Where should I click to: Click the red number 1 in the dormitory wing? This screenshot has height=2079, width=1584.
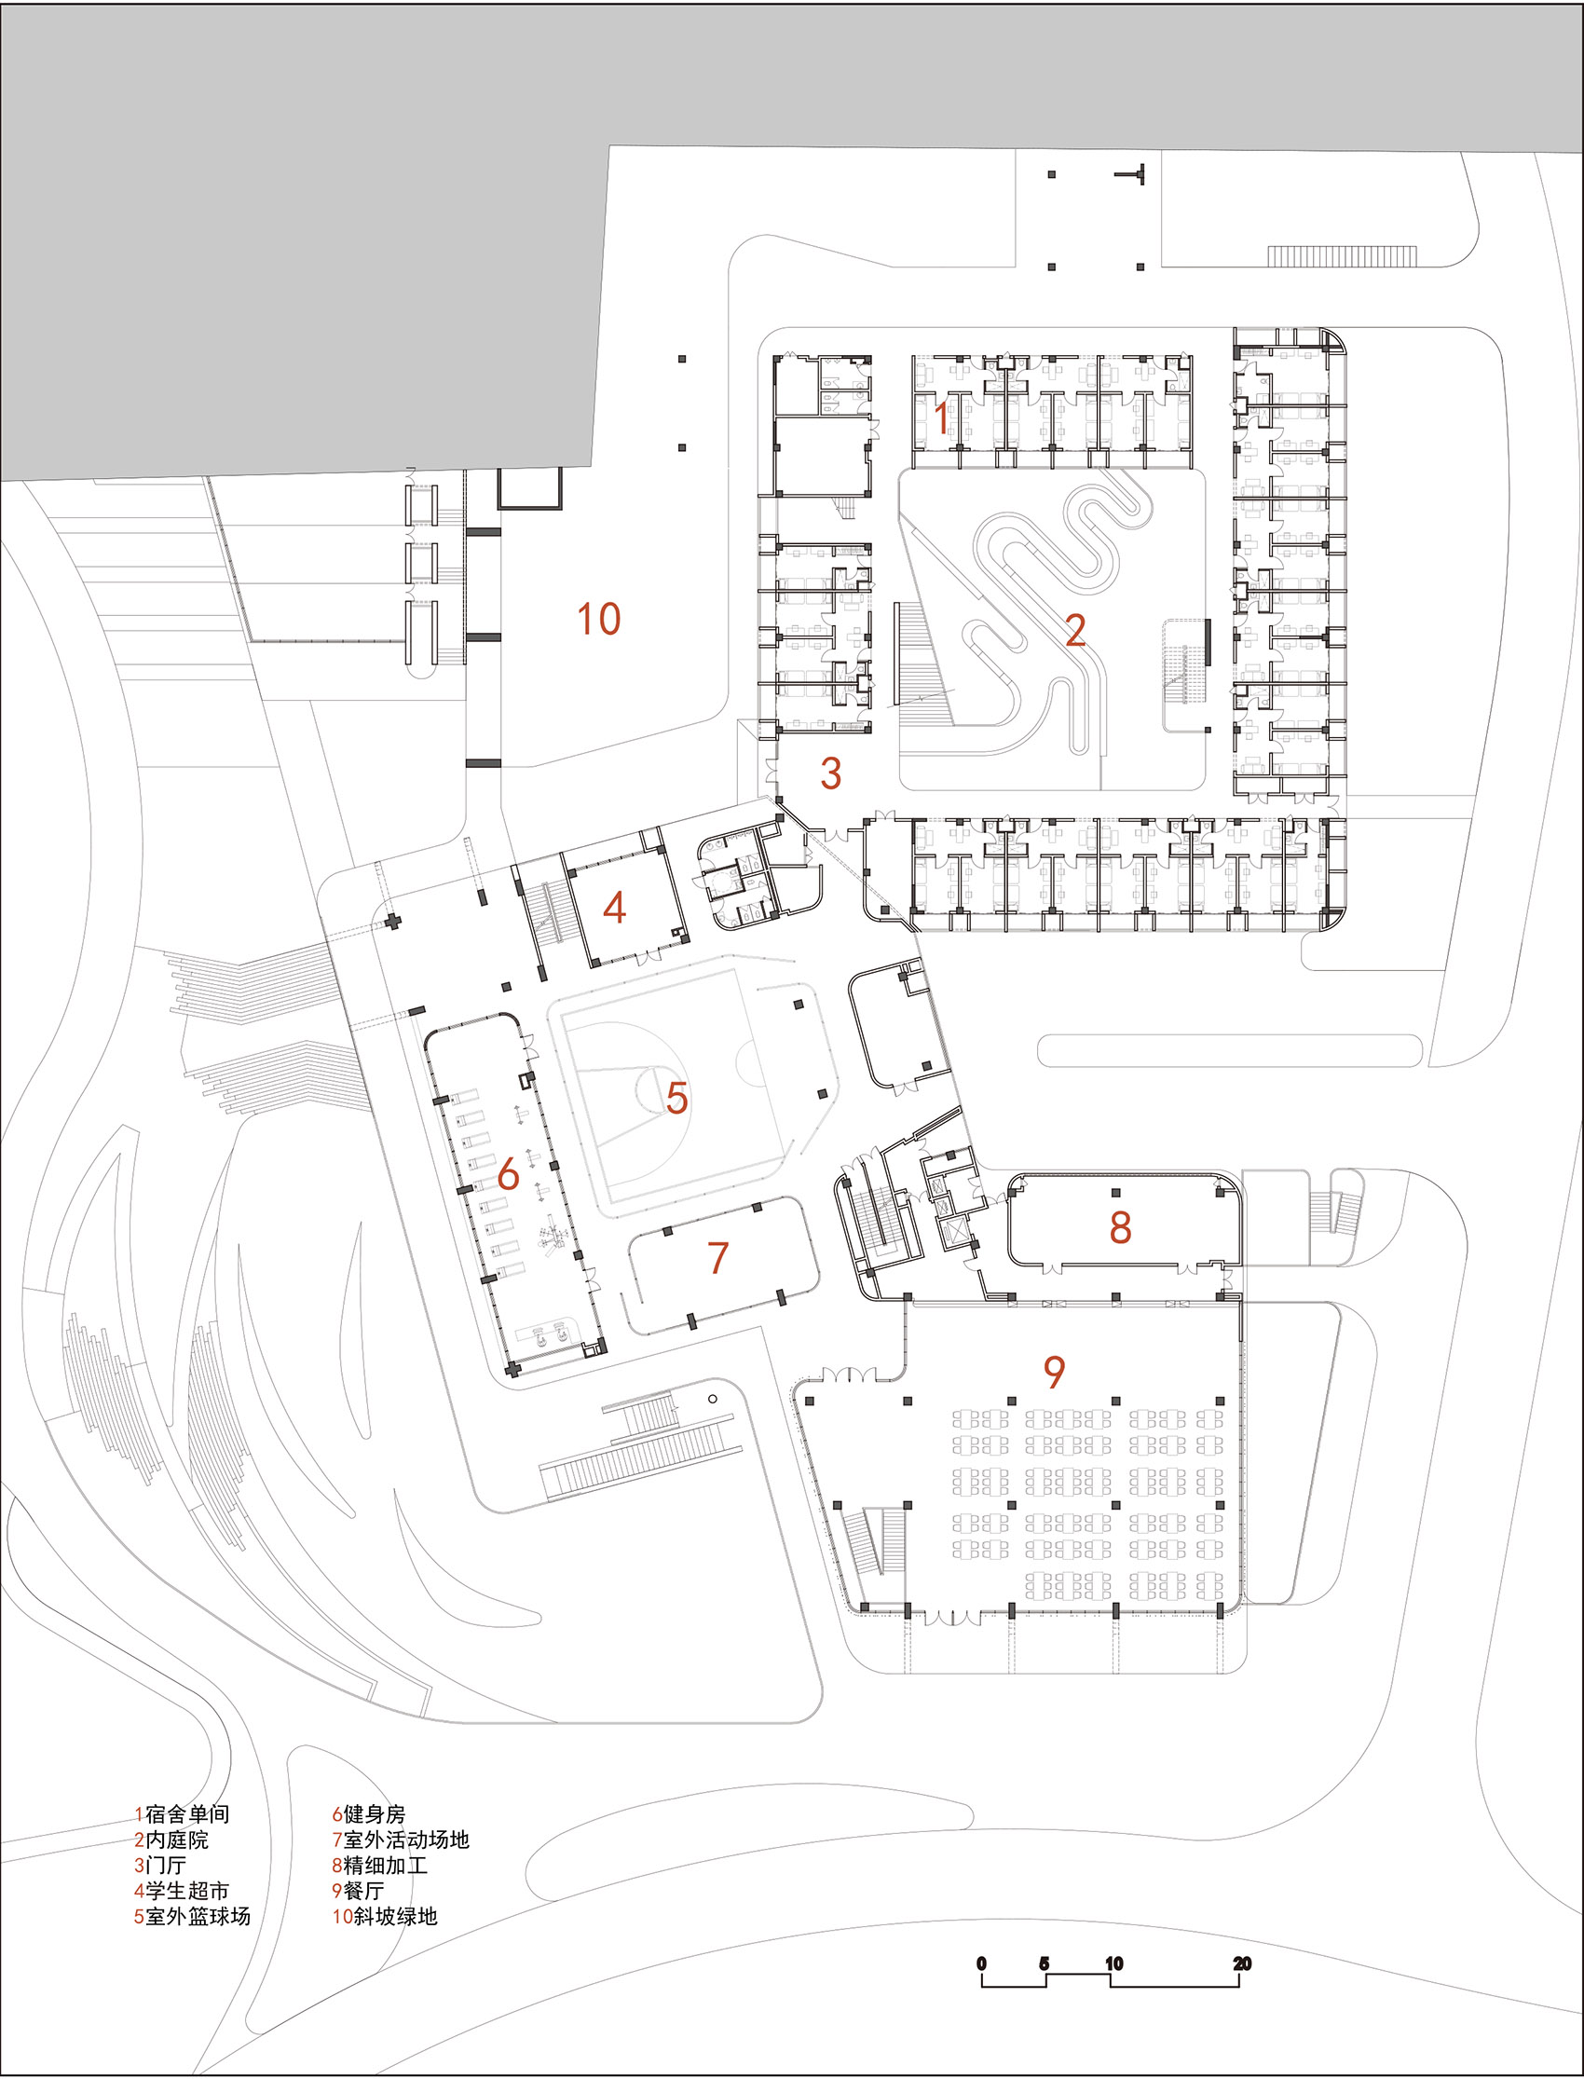tap(941, 417)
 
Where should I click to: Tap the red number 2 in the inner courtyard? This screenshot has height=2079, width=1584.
tap(1075, 630)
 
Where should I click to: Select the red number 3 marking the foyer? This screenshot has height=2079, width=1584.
tap(829, 773)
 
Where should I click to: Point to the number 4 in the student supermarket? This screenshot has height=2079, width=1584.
tap(614, 908)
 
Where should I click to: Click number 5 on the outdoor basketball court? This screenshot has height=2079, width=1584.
tap(676, 1098)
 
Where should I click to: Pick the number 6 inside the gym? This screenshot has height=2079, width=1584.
tap(507, 1175)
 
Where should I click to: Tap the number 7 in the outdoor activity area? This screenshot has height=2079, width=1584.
tap(717, 1257)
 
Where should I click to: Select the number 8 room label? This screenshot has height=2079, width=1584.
tap(1119, 1226)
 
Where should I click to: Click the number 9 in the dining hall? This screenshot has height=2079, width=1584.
tap(1053, 1371)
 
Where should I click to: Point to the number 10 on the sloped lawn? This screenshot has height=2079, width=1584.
tap(598, 620)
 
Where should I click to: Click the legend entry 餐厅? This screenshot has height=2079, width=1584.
tap(363, 1891)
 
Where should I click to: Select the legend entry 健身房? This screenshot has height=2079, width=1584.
tap(374, 1814)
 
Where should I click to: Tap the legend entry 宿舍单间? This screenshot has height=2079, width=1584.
tap(186, 1814)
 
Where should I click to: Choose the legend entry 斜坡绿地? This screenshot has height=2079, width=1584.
tap(394, 1916)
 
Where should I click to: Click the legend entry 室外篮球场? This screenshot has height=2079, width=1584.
tap(197, 1916)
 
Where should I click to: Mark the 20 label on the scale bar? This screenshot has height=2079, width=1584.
tap(1242, 1964)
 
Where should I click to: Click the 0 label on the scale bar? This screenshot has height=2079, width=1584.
tap(981, 1964)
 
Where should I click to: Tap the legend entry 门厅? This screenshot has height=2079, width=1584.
tap(166, 1865)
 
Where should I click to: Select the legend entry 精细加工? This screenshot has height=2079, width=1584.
tap(385, 1865)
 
